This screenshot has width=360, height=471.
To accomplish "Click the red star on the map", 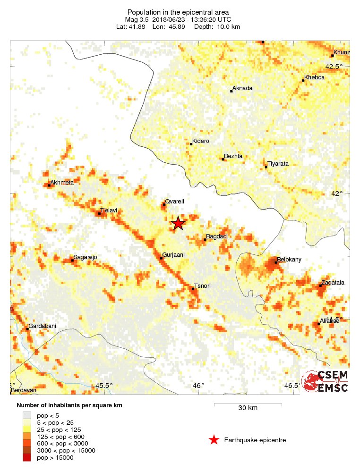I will point(178,223).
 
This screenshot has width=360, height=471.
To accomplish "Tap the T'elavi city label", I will point(109,210).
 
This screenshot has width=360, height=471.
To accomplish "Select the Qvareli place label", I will point(174,202).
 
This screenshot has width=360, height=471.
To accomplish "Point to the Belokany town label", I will point(289,260).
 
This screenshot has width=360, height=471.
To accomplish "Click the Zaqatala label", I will point(333,283).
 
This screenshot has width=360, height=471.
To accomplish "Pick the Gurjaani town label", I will point(173,255).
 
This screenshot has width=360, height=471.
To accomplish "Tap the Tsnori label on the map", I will point(202,286).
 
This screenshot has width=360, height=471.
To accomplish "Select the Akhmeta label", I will point(62,183).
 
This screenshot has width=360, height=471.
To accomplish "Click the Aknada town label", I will point(242,88).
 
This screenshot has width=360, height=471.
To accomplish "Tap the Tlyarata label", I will point(278,164).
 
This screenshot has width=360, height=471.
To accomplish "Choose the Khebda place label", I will point(315,77).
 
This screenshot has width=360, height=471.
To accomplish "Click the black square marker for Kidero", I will point(191,144).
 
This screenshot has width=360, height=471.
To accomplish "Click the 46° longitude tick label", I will point(198,386).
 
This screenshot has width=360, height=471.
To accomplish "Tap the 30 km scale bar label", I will point(248,408).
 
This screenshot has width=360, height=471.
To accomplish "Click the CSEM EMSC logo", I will point(326,381).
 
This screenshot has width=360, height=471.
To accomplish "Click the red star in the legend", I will point(214,440).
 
